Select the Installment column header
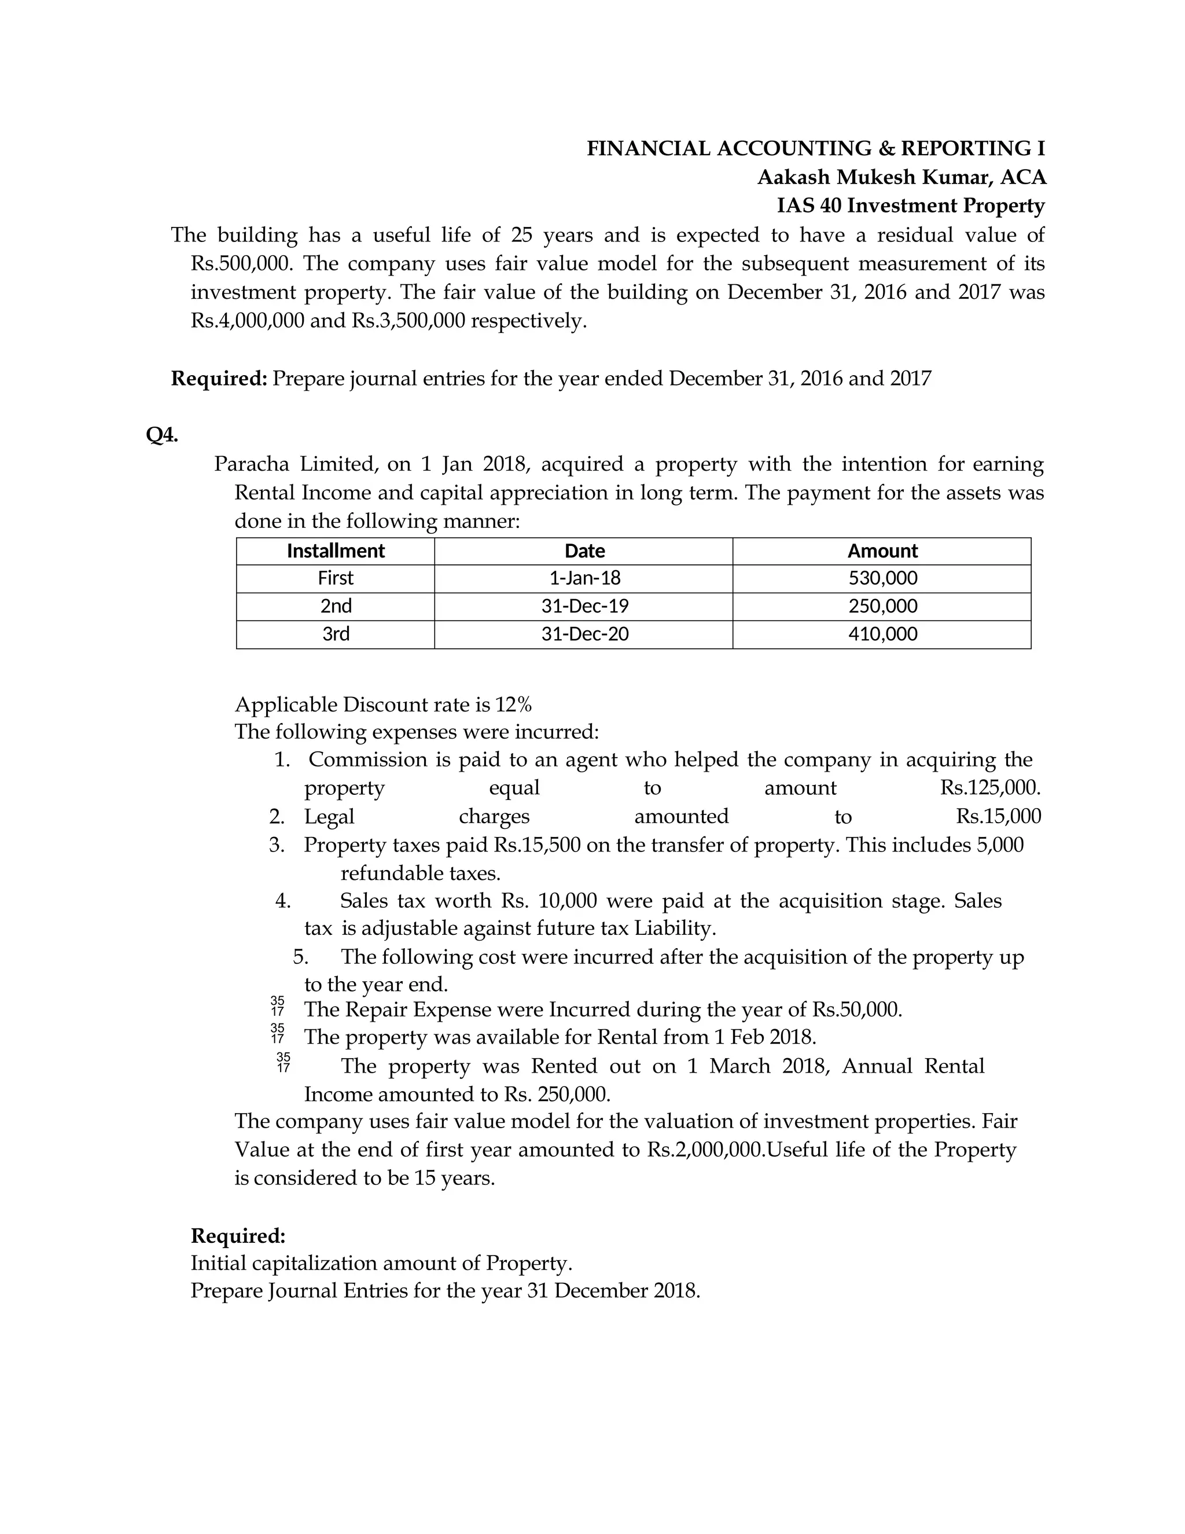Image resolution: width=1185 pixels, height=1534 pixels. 336,551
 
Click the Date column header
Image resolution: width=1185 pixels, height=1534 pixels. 584,551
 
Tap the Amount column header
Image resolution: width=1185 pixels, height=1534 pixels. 882,551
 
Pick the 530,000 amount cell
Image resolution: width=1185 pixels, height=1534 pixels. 882,578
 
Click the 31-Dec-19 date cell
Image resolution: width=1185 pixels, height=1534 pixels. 584,606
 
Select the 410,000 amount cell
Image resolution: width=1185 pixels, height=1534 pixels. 882,634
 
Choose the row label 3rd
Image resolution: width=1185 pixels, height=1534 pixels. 336,634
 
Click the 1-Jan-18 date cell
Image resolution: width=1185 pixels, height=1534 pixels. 584,578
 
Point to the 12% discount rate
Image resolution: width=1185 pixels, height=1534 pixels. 513,704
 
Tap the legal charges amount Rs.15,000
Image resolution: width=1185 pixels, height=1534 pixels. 998,816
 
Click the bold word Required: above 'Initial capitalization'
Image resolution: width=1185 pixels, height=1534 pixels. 238,1235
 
